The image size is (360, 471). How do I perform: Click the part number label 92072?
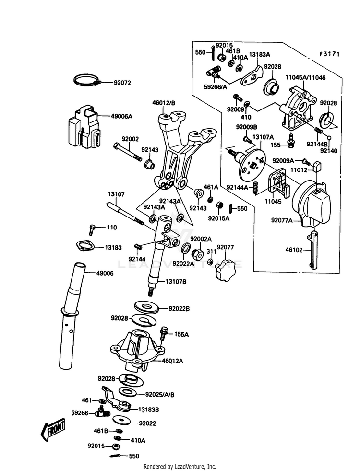[x=122, y=83]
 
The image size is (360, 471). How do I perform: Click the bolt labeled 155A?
[x=165, y=331]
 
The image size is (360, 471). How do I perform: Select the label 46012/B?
[x=164, y=102]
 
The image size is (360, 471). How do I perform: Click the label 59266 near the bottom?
[x=79, y=412]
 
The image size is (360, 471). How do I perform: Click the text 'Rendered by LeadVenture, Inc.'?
[x=180, y=466]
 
